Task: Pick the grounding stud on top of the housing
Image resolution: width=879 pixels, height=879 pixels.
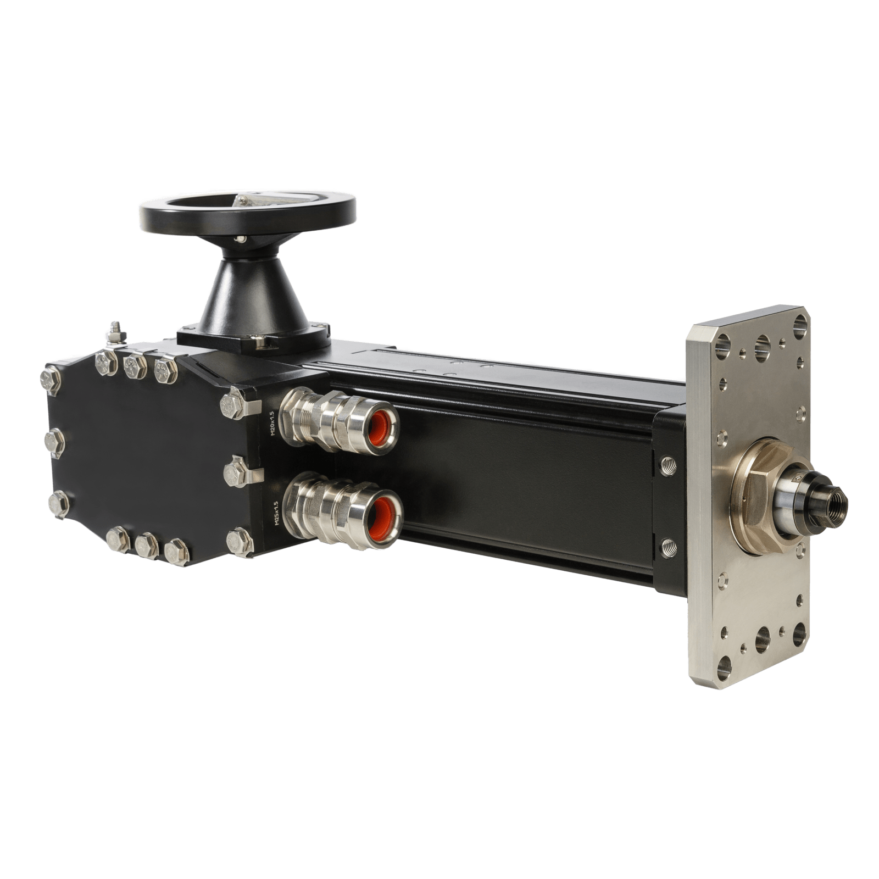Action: click(x=115, y=333)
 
